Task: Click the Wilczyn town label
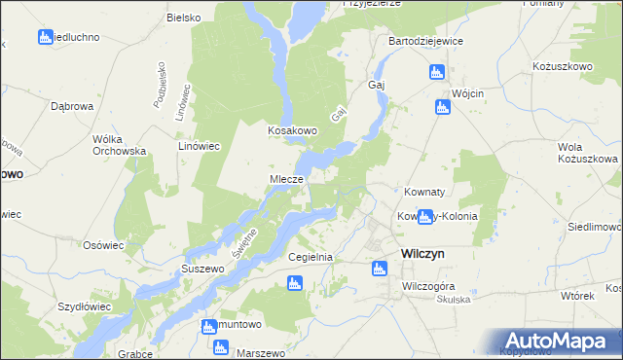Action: coord(422,252)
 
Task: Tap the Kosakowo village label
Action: coord(294,130)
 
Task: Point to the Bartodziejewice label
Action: coord(425,42)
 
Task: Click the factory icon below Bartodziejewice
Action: coord(437,72)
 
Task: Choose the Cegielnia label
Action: coord(311,257)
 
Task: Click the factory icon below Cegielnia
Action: coord(295,283)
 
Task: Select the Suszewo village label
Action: coord(203,267)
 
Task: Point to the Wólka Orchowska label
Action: coord(119,145)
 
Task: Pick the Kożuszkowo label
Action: coord(563,65)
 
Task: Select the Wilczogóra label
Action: coord(429,287)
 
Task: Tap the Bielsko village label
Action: coord(183,18)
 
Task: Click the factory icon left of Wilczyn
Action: coord(380,269)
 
